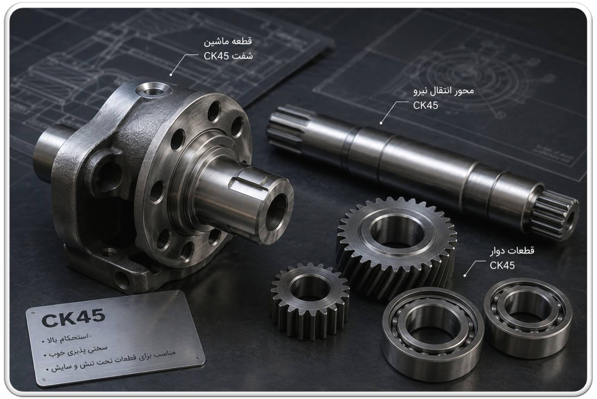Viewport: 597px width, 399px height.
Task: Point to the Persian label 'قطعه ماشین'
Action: click(x=228, y=41)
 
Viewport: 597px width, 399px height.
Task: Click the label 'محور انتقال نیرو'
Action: click(x=443, y=91)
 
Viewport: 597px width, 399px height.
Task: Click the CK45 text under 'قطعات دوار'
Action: click(x=502, y=266)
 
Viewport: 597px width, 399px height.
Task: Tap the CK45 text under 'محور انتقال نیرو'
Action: click(x=425, y=106)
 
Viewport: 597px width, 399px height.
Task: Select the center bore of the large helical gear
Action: click(x=396, y=231)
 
